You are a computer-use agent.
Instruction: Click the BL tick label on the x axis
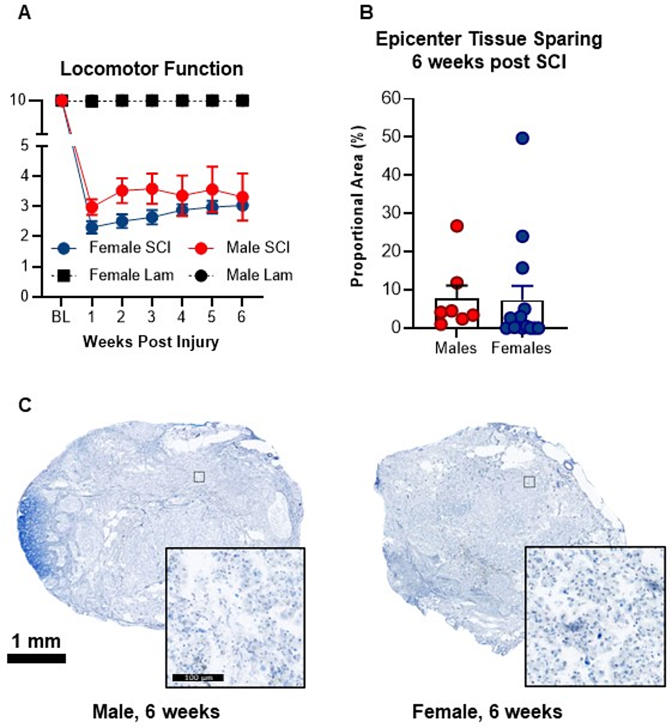pyautogui.click(x=61, y=317)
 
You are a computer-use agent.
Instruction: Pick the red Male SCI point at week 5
pyautogui.click(x=212, y=189)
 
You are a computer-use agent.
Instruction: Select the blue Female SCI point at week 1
pyautogui.click(x=92, y=227)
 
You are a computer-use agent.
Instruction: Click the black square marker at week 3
pyautogui.click(x=152, y=101)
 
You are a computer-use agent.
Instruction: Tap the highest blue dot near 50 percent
pyautogui.click(x=522, y=138)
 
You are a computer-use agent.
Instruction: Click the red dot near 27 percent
pyautogui.click(x=457, y=226)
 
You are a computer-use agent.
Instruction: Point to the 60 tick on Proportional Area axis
pyautogui.click(x=391, y=98)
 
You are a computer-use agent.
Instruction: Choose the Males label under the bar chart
pyautogui.click(x=456, y=348)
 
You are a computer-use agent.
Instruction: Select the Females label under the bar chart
pyautogui.click(x=521, y=348)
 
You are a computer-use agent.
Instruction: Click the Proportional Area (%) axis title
pyautogui.click(x=357, y=206)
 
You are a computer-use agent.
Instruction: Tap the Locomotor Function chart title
pyautogui.click(x=152, y=69)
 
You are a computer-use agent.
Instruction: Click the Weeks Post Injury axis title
pyautogui.click(x=151, y=342)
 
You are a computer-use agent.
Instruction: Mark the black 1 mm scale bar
pyautogui.click(x=37, y=658)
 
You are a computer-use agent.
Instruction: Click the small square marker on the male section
pyautogui.click(x=199, y=477)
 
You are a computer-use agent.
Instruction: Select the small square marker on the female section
pyautogui.click(x=529, y=482)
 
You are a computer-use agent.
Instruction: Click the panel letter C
pyautogui.click(x=25, y=405)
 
